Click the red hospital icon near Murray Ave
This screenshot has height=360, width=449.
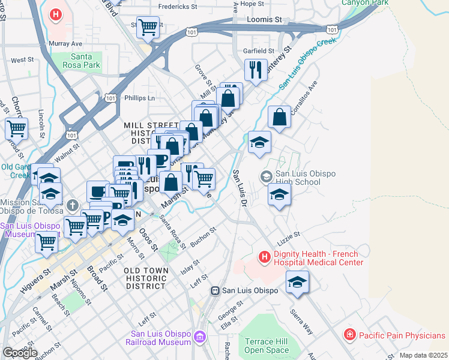56,14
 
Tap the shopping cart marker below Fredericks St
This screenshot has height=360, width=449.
147,26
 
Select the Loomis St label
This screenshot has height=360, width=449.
265,20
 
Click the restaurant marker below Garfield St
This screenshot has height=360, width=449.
256,70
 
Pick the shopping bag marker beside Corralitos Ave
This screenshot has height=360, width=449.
279,117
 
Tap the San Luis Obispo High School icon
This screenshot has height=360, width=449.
266,176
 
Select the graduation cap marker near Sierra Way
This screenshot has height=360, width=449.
297,283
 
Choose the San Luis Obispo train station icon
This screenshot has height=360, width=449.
214,290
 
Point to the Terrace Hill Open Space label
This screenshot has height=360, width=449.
267,346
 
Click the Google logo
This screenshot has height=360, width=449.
20,352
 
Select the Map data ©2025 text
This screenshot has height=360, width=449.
423,355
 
